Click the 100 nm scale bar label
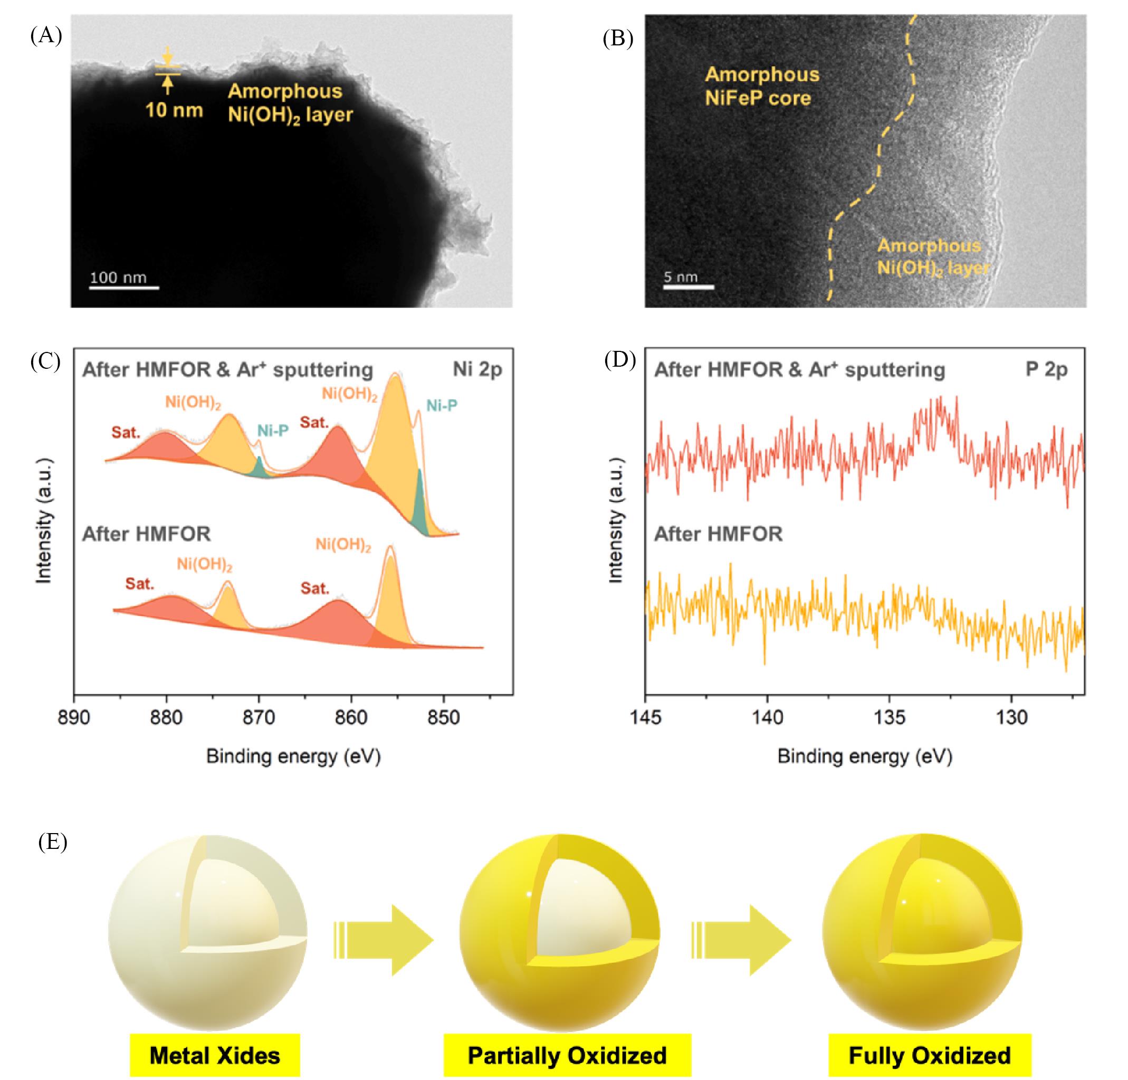point(118,277)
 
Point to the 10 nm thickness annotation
point(174,109)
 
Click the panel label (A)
point(45,36)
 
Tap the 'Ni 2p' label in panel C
point(477,369)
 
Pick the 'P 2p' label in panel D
point(1046,369)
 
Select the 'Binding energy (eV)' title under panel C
point(293,756)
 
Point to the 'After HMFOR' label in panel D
point(718,534)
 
